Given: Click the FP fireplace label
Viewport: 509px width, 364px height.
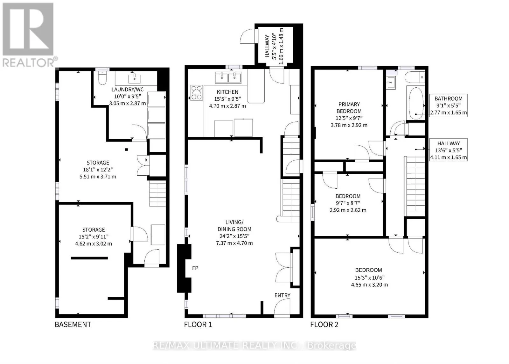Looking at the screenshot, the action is [x=195, y=268].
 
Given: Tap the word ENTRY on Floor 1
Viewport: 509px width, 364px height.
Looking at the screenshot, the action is [x=282, y=295].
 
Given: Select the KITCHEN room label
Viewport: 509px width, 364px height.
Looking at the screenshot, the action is [x=227, y=92].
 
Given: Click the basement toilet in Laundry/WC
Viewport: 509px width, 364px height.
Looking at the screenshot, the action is [x=102, y=77].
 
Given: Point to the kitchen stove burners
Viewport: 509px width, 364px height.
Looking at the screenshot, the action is [x=197, y=93].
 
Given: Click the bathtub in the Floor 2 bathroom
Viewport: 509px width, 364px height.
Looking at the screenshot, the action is [x=416, y=103].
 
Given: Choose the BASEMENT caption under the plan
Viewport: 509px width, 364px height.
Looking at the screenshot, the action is [x=73, y=324].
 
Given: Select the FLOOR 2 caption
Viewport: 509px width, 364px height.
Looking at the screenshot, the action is [x=324, y=324].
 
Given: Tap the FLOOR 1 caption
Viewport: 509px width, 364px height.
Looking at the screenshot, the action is [x=198, y=324].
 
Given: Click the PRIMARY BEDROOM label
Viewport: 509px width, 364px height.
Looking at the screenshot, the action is [x=349, y=108].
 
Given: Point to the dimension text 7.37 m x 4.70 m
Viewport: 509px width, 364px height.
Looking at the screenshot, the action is [x=234, y=243].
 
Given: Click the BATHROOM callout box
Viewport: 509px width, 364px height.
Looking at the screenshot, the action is [x=448, y=106].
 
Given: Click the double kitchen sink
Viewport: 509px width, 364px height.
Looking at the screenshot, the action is [x=228, y=77].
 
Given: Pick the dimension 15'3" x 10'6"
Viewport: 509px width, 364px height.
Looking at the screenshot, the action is [x=369, y=278].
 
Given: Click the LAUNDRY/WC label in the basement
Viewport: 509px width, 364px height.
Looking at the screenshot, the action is [x=128, y=90].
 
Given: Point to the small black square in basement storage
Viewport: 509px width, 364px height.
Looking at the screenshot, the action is [x=127, y=149].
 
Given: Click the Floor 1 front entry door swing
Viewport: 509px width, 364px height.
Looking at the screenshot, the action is [x=282, y=307].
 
